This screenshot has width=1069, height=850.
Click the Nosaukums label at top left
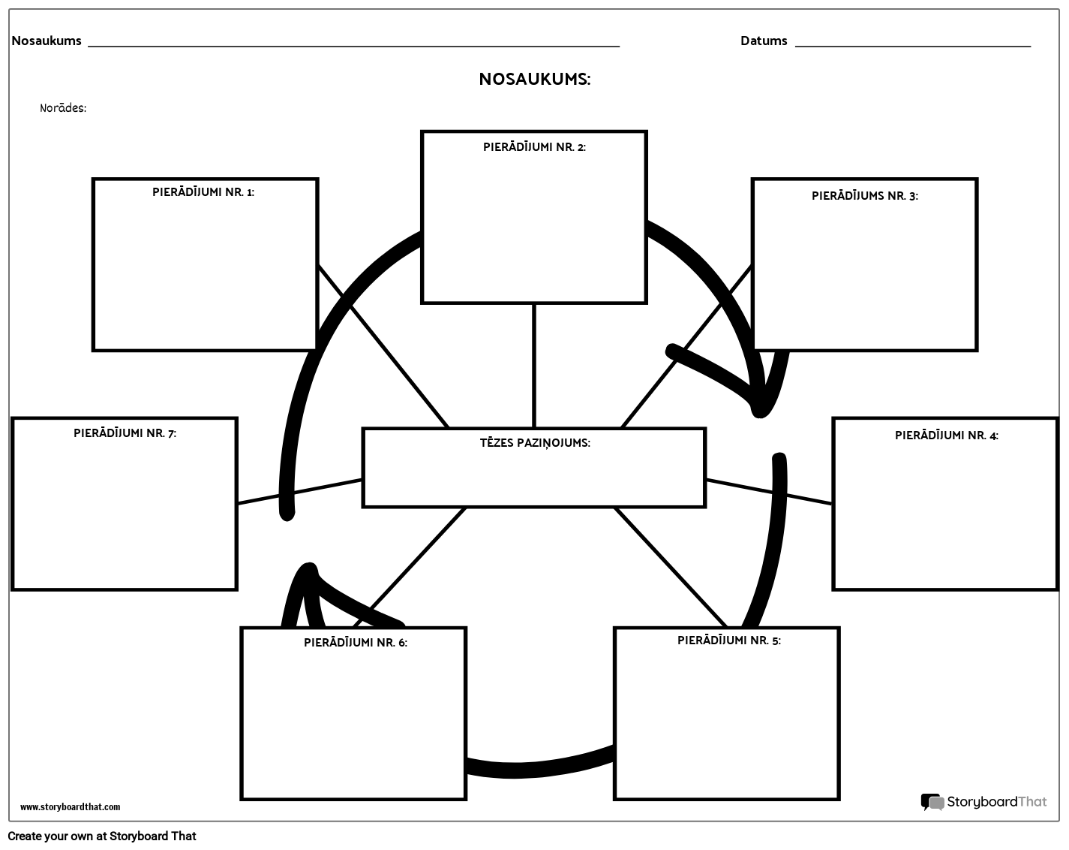pos(47,41)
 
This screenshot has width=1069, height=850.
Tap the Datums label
pos(764,41)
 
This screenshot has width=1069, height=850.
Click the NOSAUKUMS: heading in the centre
pos(535,80)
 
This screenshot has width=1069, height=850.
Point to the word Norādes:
pos(63,108)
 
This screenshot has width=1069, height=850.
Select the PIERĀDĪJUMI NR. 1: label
pos(203,192)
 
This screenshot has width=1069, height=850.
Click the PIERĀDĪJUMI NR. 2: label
pos(534,147)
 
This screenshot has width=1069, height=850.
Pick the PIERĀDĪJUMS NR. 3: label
pos(865,196)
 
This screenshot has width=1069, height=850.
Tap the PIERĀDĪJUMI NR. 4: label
pos(946,436)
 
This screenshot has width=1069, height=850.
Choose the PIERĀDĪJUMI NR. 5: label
pos(728,641)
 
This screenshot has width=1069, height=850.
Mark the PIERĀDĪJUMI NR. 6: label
pos(356,643)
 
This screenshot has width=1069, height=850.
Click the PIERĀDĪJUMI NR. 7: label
pos(125,433)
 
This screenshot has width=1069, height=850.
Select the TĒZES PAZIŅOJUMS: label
pos(535,443)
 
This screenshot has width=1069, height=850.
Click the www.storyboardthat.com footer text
pos(70,807)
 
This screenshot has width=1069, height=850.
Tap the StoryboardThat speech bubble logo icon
pos(932,802)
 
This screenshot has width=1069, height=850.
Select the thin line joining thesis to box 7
pos(300,491)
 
